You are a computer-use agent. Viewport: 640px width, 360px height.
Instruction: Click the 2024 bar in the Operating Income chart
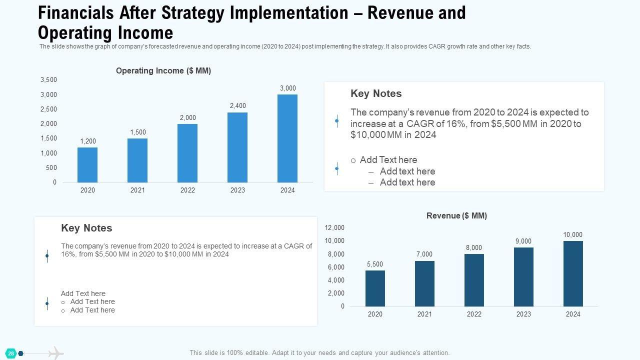point(287,138)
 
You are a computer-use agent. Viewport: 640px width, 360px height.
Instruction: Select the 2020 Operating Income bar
point(87,165)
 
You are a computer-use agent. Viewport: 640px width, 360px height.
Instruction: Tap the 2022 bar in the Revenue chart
point(474,280)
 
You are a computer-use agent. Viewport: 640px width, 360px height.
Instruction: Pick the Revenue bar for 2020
point(375,288)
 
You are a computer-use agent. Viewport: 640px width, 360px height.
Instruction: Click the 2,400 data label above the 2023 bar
point(237,106)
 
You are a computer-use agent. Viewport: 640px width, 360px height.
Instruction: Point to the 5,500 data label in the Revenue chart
point(375,264)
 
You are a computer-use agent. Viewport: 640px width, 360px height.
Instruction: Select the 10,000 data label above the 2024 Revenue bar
point(572,235)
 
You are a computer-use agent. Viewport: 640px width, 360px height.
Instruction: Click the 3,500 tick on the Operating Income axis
point(48,80)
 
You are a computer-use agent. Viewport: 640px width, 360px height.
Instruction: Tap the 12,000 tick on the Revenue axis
point(334,228)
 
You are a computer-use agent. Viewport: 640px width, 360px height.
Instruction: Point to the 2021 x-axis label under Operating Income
point(137,190)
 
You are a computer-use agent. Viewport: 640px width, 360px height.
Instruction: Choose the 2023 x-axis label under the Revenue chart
point(523,314)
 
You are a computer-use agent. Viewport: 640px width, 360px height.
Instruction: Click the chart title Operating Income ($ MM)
point(163,71)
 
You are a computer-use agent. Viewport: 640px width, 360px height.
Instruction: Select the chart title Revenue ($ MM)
point(456,215)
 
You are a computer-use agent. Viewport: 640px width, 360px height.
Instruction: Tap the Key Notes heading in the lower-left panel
point(86,228)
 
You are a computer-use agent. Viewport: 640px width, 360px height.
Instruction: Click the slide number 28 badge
point(11,353)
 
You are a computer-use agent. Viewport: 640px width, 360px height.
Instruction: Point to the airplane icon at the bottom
point(56,353)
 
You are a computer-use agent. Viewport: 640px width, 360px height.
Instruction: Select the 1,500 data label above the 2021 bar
point(137,132)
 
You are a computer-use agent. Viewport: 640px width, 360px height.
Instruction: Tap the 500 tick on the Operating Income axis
point(51,168)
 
